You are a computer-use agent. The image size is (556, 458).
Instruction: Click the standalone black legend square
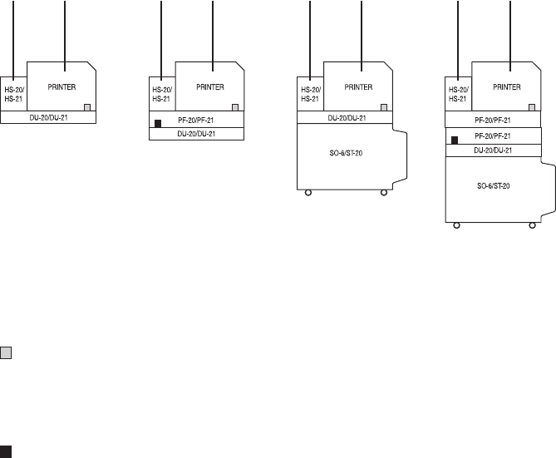pos(7,452)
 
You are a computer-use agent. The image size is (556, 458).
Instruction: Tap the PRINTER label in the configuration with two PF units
pos(507,86)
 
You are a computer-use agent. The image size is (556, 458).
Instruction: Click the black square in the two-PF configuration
pos(454,140)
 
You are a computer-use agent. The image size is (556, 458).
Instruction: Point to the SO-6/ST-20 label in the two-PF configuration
pos(492,187)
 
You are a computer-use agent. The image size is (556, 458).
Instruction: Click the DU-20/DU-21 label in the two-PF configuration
pos(492,150)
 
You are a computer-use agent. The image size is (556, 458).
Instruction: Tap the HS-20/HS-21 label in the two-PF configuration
pos(457,94)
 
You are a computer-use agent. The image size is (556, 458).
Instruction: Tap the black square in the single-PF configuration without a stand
pos(157,125)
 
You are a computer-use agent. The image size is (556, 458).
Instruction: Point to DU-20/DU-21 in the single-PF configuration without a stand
pos(196,134)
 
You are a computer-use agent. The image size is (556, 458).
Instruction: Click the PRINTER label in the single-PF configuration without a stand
pos(209,86)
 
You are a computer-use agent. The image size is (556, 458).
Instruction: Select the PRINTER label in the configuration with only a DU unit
pos(61,86)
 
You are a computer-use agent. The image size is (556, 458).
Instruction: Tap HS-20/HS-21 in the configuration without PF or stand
pos(12,94)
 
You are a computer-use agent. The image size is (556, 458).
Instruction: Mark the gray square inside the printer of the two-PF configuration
pos(532,107)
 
